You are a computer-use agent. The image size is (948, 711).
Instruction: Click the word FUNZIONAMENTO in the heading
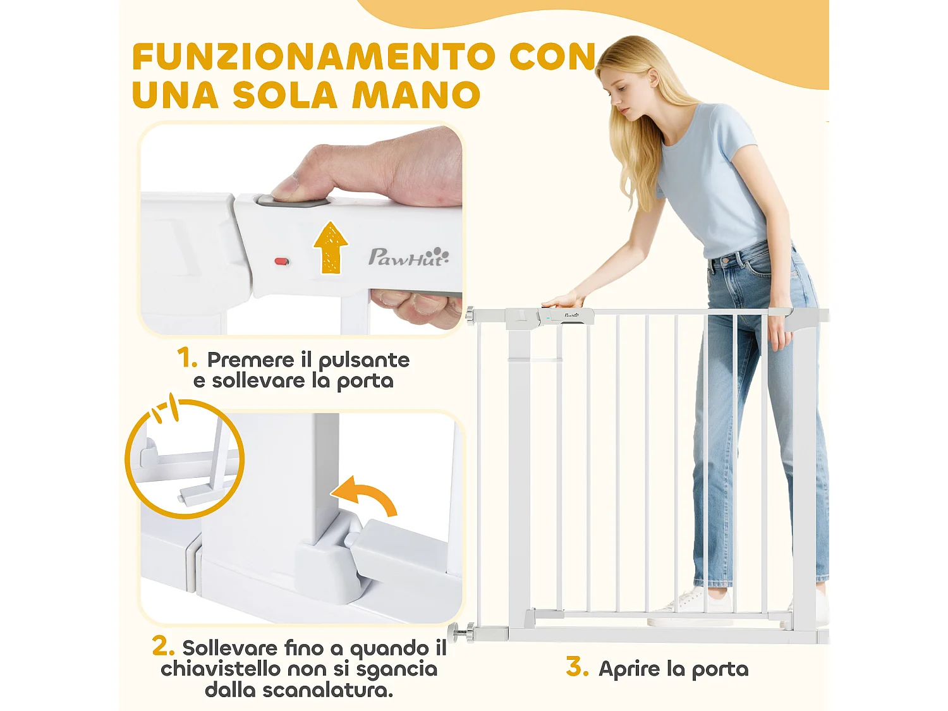(x=313, y=57)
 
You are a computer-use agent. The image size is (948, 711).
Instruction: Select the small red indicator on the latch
(x=281, y=261)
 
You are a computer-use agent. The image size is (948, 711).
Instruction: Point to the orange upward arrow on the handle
(x=331, y=247)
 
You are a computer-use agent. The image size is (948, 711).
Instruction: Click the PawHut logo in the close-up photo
(x=408, y=257)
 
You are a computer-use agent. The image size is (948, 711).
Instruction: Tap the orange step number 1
(x=186, y=358)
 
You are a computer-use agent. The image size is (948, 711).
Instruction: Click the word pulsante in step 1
(x=363, y=360)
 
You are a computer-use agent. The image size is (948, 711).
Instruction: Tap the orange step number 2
(x=162, y=646)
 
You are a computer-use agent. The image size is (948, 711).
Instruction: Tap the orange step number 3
(x=577, y=667)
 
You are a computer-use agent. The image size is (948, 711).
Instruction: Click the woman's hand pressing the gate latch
(x=562, y=300)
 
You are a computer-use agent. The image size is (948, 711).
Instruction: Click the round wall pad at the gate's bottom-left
(x=454, y=632)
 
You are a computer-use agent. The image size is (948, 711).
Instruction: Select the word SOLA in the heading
(x=285, y=95)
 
